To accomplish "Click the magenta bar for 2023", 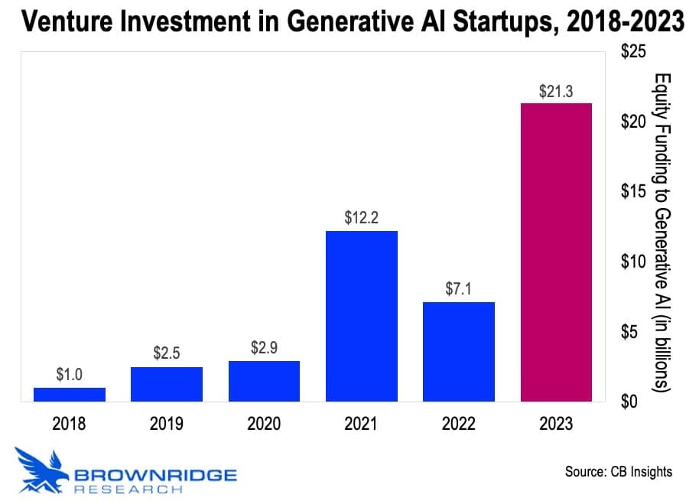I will [x=556, y=252].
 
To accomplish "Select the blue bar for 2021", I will [x=361, y=316].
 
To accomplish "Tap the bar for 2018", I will [x=70, y=394].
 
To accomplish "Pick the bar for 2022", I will [x=459, y=352].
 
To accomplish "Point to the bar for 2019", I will [x=167, y=384].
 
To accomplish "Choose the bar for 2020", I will [x=264, y=381].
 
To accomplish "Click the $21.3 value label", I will [x=556, y=92].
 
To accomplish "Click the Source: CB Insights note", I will [x=618, y=471].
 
